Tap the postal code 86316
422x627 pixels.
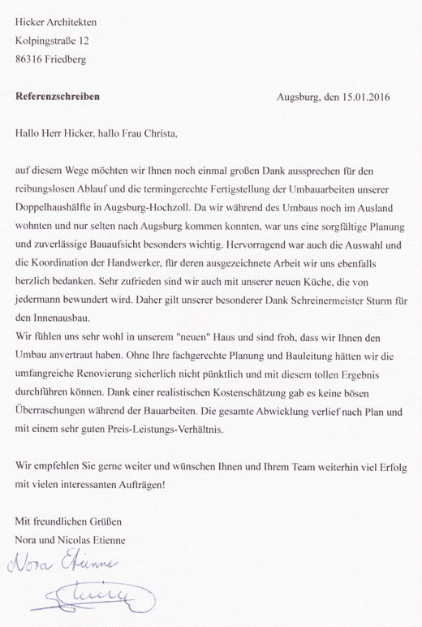pos(33,58)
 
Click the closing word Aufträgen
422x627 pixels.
pos(140,486)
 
